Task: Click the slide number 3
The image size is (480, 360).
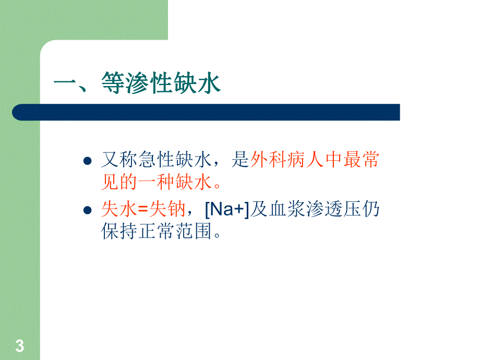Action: [x=20, y=345]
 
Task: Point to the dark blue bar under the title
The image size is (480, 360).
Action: [x=206, y=112]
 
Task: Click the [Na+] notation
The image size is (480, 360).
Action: [x=226, y=210]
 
